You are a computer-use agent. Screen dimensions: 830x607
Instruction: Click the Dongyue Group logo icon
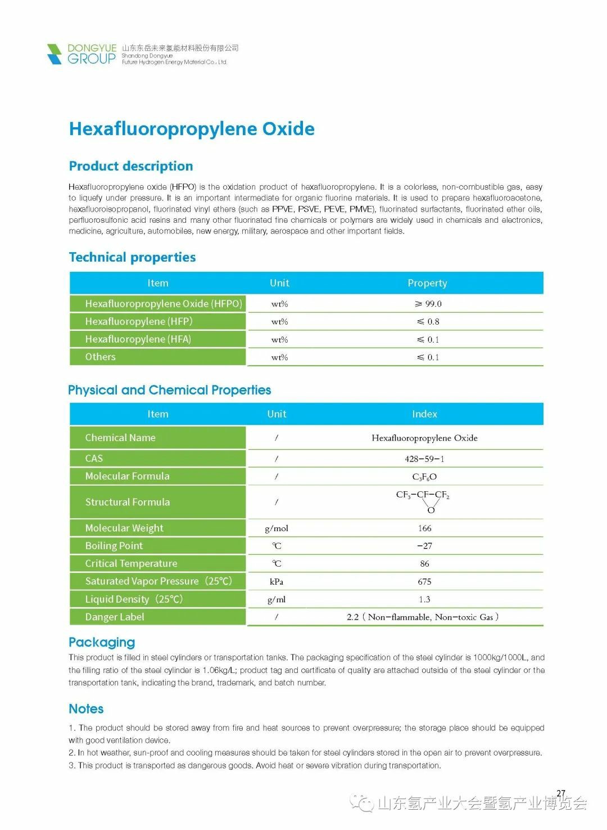pos(55,54)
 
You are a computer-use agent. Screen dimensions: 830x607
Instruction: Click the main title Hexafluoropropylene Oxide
pos(192,129)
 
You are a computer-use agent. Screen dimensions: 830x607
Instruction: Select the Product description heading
pos(131,166)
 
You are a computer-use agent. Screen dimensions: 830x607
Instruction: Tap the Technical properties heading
pos(132,257)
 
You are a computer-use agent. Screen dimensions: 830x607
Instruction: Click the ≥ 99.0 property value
pos(428,304)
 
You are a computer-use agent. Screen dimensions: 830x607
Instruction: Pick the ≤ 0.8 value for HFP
pos(428,322)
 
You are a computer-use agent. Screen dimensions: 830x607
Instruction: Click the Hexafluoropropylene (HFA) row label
pos(138,339)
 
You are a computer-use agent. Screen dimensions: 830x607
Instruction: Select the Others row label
pos(100,357)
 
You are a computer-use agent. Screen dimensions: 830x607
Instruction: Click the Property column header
pos(427,283)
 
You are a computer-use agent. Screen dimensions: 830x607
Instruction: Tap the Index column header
pos(424,414)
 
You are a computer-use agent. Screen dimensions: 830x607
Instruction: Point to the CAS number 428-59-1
pos(424,459)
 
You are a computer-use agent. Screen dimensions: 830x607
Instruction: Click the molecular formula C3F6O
pos(424,477)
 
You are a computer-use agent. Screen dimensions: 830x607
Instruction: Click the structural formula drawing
pos(423,501)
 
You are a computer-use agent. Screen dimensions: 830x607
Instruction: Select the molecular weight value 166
pos(424,528)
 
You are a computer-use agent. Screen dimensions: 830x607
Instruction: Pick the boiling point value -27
pos(424,546)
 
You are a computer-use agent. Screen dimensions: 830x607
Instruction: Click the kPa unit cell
pos(277,581)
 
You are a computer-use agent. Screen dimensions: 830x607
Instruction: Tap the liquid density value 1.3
pos(424,599)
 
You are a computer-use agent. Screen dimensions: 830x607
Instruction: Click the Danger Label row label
pos(115,617)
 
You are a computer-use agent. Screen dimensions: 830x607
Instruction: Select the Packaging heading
pos(102,642)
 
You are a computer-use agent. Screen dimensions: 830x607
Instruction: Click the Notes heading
pos(86,708)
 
